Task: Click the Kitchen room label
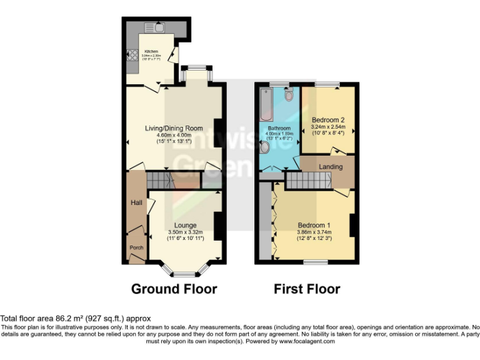151,51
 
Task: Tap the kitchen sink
154,27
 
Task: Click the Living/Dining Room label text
174,129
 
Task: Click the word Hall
136,203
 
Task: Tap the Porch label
136,247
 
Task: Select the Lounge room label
186,226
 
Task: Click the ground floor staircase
161,181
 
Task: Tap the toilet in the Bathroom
288,96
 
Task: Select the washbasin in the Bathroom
264,147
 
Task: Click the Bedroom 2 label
329,120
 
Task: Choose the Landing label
331,167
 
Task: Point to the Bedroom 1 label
314,225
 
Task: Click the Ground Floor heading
174,289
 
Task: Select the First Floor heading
307,289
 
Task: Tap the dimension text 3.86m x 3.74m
314,232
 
